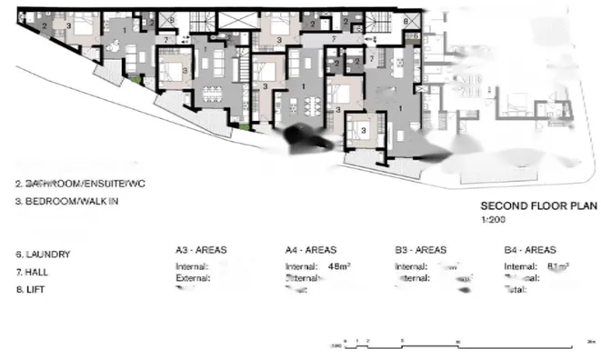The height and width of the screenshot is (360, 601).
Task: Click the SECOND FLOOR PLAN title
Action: click(x=526, y=206)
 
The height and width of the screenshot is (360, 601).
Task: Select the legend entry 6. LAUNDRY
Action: click(x=43, y=255)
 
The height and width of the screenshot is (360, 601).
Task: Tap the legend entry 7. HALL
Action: click(x=35, y=272)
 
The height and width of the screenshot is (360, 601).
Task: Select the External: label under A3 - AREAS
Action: click(x=193, y=277)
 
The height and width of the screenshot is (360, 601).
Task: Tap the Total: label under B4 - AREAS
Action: click(x=516, y=288)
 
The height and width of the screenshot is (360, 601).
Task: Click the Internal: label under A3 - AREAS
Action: click(x=192, y=266)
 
